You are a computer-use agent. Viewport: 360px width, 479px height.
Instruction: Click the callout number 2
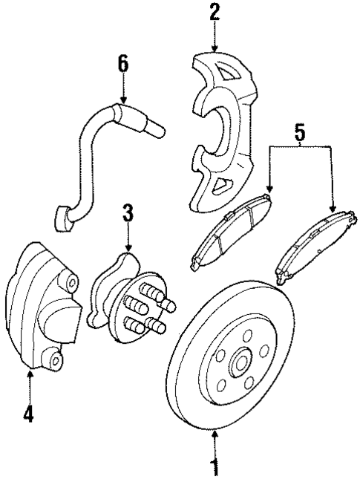pos(215,13)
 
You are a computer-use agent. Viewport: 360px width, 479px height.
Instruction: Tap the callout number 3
pos(128,214)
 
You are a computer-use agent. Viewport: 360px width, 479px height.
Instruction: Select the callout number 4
pos(28,414)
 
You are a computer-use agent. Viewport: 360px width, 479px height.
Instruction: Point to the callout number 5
pos(299,135)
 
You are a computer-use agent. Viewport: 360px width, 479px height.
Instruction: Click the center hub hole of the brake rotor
pos(240,365)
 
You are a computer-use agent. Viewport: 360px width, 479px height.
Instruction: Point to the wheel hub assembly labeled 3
pos(130,297)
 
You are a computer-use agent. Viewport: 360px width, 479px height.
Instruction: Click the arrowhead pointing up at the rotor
pos(215,435)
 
